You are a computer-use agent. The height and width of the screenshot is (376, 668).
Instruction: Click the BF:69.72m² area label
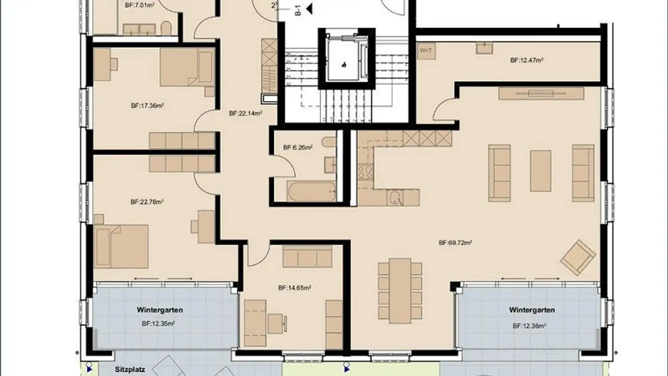click(x=455, y=242)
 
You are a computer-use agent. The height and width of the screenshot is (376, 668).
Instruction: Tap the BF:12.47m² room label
click(x=527, y=60)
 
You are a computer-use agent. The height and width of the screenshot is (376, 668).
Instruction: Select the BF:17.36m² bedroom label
click(x=148, y=106)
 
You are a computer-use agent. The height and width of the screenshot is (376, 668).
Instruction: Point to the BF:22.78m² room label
click(x=147, y=202)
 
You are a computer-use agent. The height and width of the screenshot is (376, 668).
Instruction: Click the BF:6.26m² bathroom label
click(x=298, y=148)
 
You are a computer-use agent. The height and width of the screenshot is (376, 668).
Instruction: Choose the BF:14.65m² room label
click(x=295, y=288)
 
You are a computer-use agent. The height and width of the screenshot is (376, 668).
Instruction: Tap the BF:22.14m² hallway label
click(x=246, y=113)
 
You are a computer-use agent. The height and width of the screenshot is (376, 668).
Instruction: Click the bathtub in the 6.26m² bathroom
click(x=311, y=192)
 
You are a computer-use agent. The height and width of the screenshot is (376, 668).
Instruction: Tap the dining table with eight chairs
click(x=400, y=290)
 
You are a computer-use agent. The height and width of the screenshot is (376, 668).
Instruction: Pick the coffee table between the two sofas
click(x=540, y=170)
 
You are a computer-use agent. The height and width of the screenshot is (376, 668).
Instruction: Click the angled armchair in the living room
click(x=578, y=257)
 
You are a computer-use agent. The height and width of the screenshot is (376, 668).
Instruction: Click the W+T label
click(x=425, y=50)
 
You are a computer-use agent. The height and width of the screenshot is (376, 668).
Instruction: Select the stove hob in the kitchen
click(x=365, y=172)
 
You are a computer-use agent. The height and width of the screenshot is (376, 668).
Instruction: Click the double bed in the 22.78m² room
click(x=122, y=246)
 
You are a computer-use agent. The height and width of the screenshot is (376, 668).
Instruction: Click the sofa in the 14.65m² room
click(x=307, y=257)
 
